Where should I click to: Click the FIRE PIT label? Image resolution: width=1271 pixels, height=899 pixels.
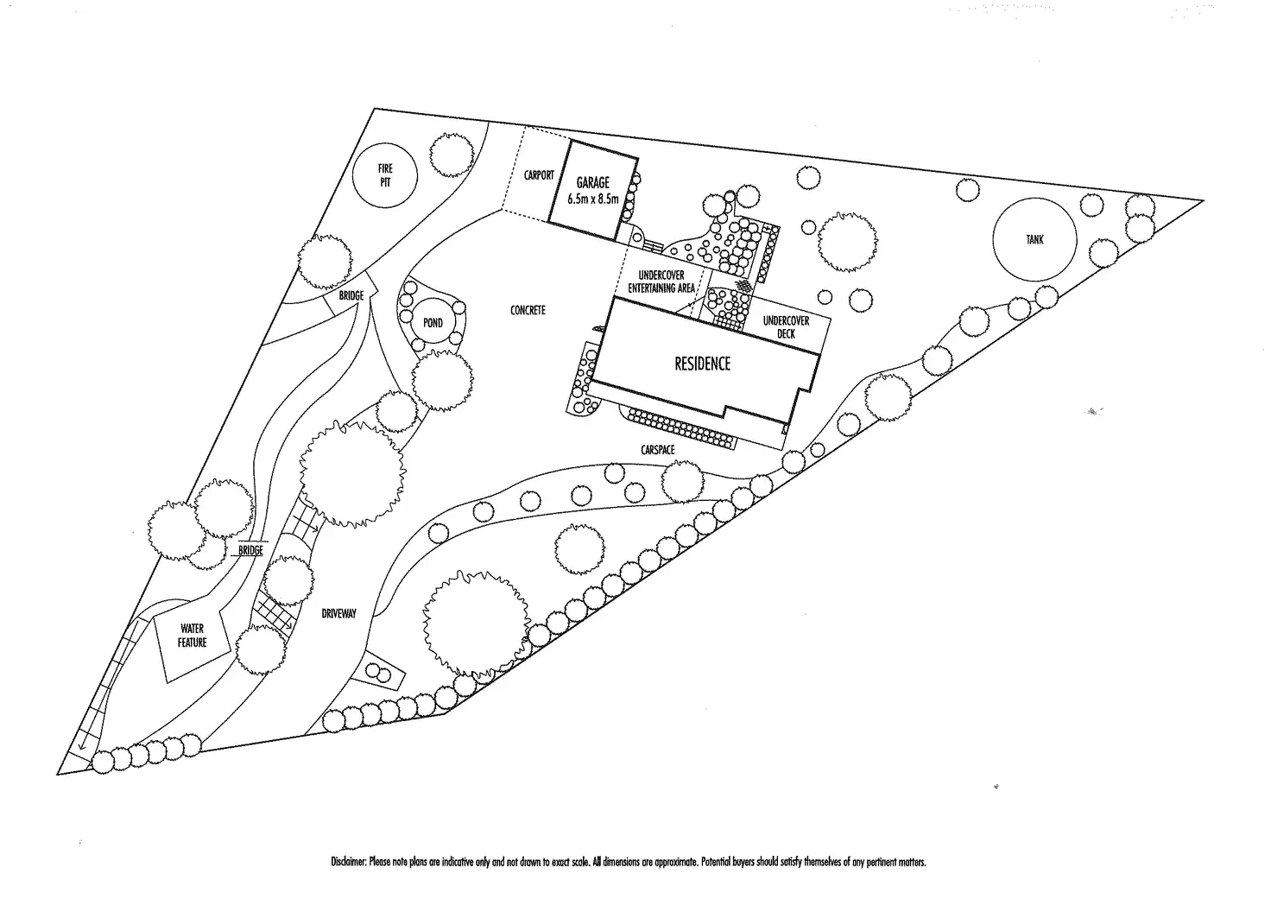coord(385,175)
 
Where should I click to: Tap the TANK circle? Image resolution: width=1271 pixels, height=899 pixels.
coord(1034,239)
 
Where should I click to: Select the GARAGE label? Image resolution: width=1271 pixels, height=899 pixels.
coord(592,183)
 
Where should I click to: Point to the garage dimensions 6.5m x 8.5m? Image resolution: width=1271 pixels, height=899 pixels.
coord(593,199)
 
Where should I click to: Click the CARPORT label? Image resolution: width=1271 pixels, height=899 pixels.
coord(539,175)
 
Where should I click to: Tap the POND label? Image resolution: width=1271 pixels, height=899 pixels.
coord(433,323)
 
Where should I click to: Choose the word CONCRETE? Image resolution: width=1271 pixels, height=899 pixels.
coord(528,310)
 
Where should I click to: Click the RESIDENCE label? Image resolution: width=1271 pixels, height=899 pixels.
coord(702,364)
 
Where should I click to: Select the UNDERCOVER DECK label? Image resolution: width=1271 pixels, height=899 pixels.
coord(786,326)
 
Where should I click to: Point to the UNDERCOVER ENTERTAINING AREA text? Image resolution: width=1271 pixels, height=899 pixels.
coord(661,282)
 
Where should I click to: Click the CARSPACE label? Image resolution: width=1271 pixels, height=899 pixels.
coord(658,450)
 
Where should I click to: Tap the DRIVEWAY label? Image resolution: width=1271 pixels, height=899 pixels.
coord(338,614)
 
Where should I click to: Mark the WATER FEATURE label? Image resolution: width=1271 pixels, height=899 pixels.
coord(192,636)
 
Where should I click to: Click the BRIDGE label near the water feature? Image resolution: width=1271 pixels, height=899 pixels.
coord(250,550)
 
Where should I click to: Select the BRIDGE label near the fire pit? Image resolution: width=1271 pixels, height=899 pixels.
coord(351,296)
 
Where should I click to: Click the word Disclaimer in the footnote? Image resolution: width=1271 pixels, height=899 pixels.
coord(349,862)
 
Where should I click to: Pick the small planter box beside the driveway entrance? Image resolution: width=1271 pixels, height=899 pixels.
coord(381,671)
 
